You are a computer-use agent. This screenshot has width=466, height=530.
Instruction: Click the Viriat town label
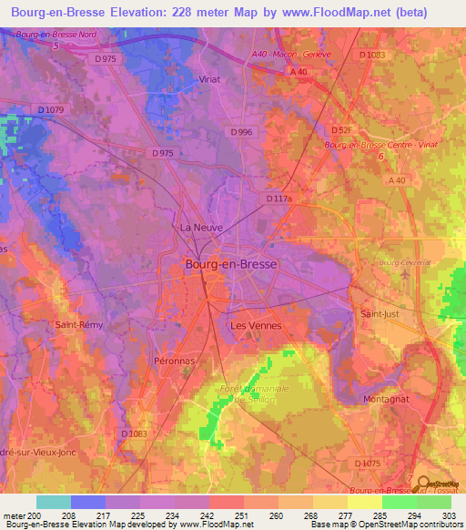[210, 79]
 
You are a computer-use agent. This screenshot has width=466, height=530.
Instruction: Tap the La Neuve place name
[197, 227]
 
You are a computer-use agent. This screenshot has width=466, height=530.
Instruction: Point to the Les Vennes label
[256, 325]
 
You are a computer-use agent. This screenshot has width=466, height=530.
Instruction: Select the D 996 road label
[241, 132]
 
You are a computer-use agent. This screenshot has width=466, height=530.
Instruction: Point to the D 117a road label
[279, 198]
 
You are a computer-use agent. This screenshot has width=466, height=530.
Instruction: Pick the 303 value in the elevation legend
[450, 516]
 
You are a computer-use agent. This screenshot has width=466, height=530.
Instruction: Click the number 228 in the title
[210, 12]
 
